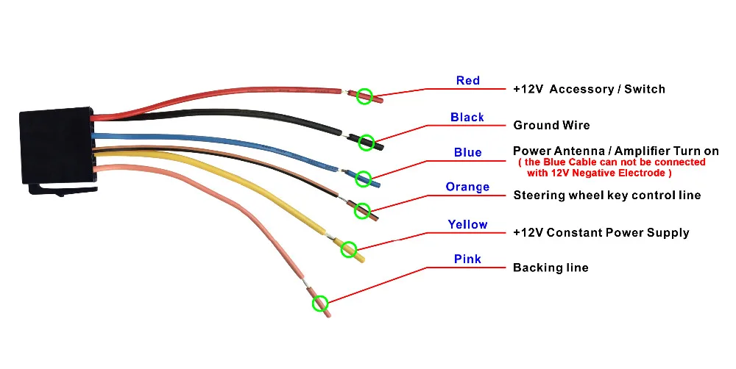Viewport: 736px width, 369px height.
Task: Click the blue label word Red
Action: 468,80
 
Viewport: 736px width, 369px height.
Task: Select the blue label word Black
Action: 467,118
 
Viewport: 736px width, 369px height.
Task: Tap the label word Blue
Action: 467,153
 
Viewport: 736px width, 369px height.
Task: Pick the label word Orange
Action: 467,187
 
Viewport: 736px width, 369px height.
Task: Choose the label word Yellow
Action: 467,224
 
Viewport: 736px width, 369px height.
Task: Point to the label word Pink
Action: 467,259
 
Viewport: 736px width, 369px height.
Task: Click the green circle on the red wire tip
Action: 365,96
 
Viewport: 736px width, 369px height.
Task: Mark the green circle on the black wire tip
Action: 366,142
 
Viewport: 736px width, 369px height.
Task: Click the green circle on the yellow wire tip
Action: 348,249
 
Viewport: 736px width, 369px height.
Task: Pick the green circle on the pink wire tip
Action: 319,303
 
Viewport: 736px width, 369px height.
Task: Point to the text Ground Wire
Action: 551,126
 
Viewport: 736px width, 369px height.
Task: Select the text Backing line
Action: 551,268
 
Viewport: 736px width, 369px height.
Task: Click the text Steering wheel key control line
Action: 606,196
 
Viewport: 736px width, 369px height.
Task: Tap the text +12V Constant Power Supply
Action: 601,233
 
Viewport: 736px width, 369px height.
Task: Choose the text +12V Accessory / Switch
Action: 589,90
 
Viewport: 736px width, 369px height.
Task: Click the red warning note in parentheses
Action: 612,168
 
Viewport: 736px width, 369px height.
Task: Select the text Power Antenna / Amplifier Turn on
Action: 615,151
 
